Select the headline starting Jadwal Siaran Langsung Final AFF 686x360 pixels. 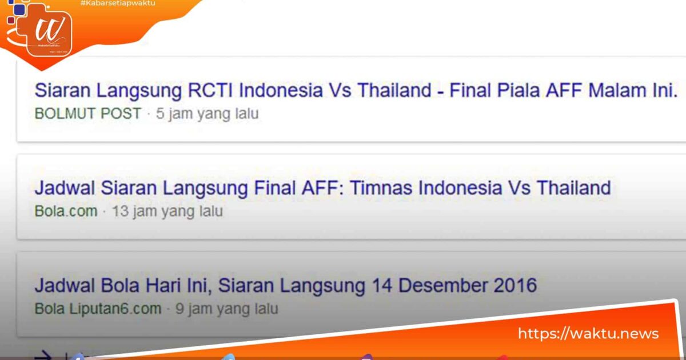(322, 188)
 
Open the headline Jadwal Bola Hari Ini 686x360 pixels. (286, 286)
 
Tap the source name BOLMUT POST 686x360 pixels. (87, 114)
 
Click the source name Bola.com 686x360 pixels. (66, 211)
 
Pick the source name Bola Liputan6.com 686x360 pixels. (98, 309)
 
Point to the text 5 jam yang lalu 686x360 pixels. (207, 114)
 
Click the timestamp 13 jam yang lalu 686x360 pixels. (167, 211)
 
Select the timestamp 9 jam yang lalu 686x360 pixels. (227, 309)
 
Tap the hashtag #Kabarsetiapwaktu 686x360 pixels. (118, 4)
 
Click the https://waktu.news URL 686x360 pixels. (588, 334)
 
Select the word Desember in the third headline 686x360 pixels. (437, 286)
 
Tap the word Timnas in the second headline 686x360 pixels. (381, 188)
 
